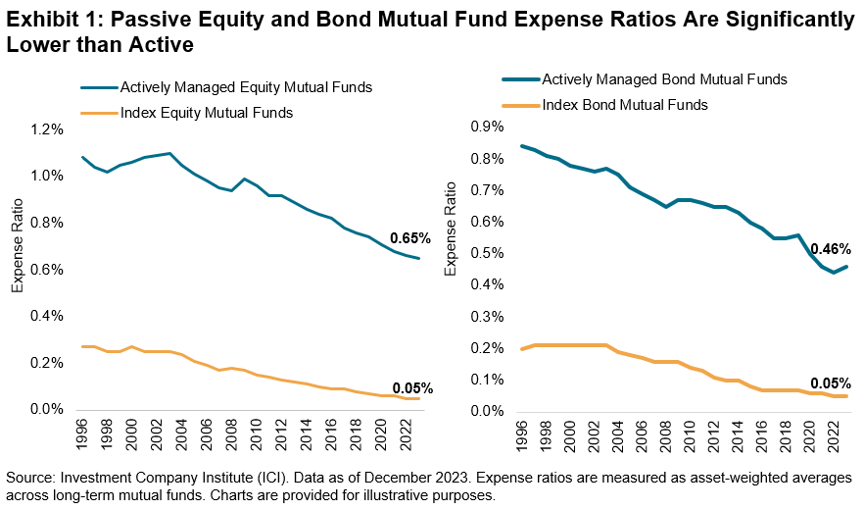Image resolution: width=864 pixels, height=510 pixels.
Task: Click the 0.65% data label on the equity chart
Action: (x=409, y=238)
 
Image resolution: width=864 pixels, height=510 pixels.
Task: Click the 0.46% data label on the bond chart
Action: (x=830, y=249)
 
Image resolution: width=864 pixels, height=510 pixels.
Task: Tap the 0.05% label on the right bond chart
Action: (x=830, y=383)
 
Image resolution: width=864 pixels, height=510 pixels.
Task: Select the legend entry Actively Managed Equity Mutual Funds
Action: (x=245, y=87)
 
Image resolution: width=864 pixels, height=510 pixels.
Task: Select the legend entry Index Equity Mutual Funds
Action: (x=206, y=113)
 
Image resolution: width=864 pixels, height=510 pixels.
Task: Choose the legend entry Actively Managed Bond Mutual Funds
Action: (x=664, y=79)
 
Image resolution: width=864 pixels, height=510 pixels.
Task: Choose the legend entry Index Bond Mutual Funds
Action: (x=625, y=104)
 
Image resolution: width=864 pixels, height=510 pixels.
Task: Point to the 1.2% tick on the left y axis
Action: (x=47, y=129)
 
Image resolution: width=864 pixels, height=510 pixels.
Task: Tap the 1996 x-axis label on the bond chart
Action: (x=522, y=433)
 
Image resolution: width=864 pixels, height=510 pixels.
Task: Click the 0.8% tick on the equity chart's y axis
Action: (x=47, y=223)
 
